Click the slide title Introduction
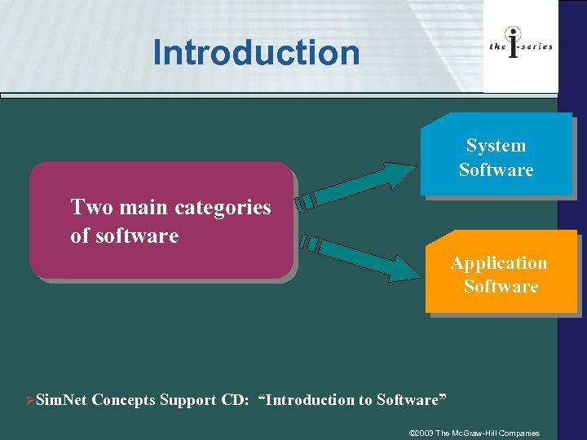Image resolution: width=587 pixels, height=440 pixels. [x=256, y=53]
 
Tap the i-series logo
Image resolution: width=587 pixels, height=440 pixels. [x=520, y=46]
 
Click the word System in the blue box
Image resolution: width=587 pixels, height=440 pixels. [x=496, y=146]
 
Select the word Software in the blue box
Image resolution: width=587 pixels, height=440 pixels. [x=496, y=170]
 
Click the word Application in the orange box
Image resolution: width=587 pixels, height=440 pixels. [x=499, y=262]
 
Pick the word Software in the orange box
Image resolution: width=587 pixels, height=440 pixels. [x=501, y=286]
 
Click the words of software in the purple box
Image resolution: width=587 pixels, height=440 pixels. [x=124, y=236]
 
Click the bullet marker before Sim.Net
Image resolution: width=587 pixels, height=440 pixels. [x=30, y=400]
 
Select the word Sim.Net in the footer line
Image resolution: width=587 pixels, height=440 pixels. [x=63, y=400]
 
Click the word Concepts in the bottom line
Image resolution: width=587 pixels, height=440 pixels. [x=127, y=400]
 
